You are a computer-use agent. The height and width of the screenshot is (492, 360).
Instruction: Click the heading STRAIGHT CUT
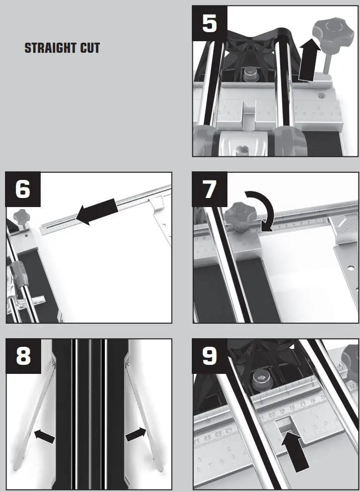coord(62,49)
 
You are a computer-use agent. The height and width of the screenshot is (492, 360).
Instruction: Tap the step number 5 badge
coord(210,23)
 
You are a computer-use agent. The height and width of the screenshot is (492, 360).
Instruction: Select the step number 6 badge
coord(23,189)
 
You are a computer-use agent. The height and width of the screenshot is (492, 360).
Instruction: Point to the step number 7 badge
coord(210,189)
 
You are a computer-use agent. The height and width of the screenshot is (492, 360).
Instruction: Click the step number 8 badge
coord(23,356)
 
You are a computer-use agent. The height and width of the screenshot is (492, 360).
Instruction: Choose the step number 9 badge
coord(210,356)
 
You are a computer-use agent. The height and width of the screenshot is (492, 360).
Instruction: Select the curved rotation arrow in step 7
coord(261,211)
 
